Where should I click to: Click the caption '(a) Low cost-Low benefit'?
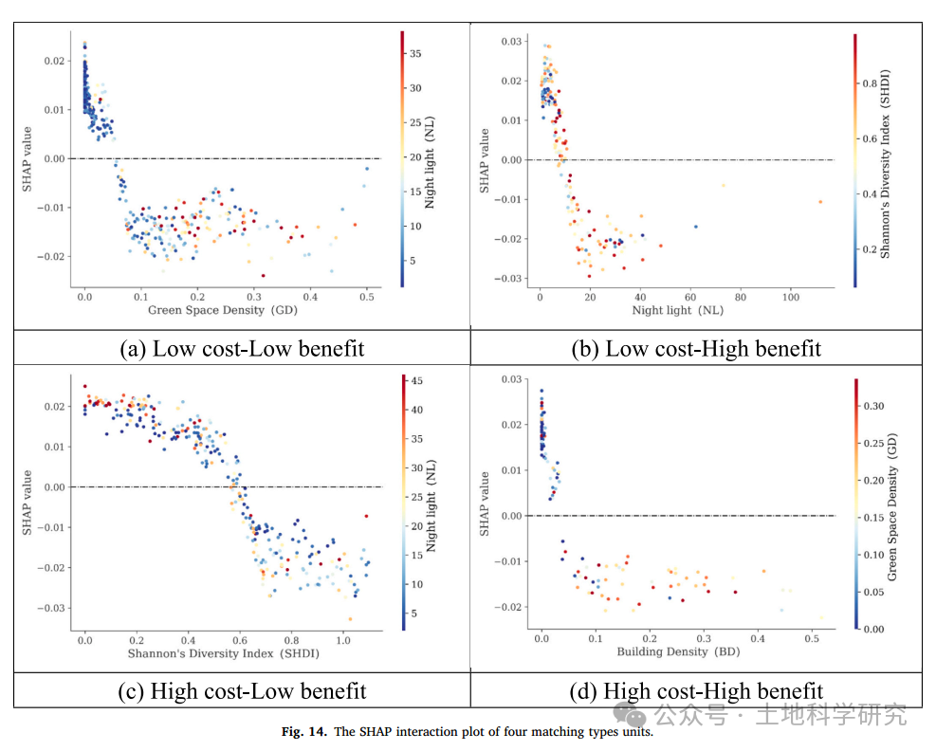pos(242,348)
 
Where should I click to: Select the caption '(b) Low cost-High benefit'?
pos(696,348)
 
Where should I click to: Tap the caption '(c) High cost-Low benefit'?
pos(242,690)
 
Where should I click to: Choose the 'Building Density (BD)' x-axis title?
pos(675,651)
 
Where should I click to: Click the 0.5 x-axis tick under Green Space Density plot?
pos(367,297)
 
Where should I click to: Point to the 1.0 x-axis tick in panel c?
pos(343,640)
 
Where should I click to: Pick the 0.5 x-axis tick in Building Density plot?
pos(811,640)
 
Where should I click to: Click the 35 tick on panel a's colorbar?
pos(415,54)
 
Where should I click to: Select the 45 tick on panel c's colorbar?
pos(415,381)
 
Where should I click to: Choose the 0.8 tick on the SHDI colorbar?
pos(870,82)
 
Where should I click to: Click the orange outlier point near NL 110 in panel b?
pos(820,202)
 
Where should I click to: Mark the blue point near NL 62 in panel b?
pos(695,227)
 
